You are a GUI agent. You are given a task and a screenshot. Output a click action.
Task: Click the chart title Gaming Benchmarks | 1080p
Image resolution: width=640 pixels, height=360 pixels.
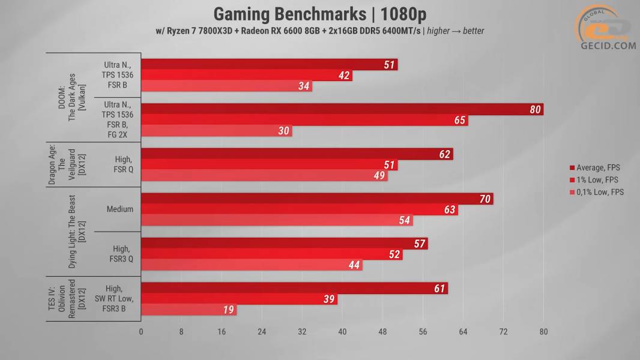tap(320, 14)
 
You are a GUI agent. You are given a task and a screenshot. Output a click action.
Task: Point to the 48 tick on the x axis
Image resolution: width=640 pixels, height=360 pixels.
tap(382, 331)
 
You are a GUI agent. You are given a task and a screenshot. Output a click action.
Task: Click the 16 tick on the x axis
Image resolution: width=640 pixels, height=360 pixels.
tap(222, 331)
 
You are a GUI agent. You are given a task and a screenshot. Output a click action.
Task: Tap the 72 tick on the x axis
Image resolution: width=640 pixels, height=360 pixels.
tap(503, 331)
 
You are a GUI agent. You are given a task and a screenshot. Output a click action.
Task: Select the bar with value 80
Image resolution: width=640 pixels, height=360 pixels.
tap(342, 109)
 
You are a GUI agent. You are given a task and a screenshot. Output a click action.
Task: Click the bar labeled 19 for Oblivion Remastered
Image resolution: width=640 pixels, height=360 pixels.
tap(189, 310)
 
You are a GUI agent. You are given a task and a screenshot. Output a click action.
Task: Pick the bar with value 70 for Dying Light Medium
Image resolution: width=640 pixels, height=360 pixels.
tap(316, 199)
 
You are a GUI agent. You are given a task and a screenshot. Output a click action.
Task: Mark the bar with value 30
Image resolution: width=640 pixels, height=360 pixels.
tap(216, 131)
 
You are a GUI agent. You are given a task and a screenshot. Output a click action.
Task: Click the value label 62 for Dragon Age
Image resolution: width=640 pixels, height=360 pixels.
tap(444, 154)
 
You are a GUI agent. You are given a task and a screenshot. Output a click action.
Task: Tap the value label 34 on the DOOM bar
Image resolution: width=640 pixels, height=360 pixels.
tap(304, 86)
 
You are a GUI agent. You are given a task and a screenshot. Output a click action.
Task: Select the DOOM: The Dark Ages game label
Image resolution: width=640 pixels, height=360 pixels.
tap(70, 98)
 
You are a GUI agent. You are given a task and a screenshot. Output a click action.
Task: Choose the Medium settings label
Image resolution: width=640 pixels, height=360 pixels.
tap(119, 209)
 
